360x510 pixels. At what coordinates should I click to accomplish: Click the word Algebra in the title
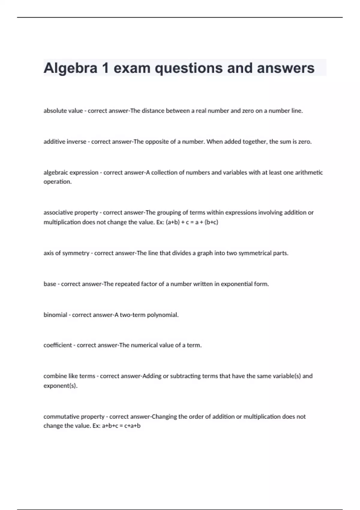[x=70, y=68]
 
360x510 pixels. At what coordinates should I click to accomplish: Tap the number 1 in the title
[x=105, y=68]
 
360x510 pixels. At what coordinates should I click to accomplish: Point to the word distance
[x=153, y=111]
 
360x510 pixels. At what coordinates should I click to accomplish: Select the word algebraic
[x=56, y=172]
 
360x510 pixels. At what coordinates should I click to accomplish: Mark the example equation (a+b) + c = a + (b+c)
[x=192, y=222]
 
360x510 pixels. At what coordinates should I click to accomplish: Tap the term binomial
[x=55, y=315]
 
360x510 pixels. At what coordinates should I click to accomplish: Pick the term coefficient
[x=58, y=345]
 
